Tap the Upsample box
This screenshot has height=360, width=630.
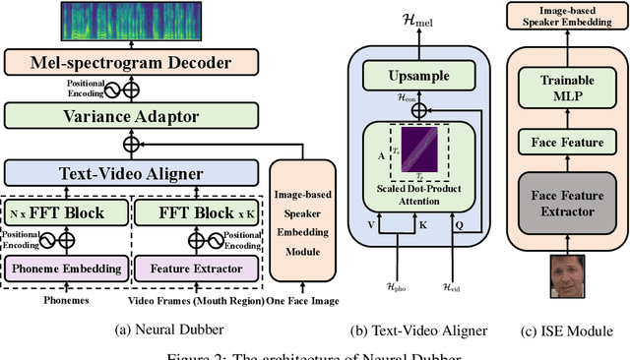(420, 75)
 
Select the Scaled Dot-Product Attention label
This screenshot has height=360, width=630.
(420, 193)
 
